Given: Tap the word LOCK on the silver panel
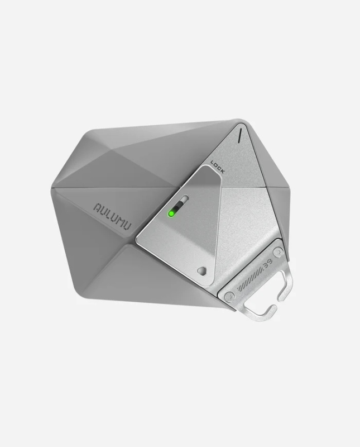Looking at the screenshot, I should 218,167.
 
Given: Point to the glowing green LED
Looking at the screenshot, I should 172,212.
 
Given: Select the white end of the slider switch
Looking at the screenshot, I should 183,201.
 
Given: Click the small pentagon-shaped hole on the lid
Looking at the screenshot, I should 201,271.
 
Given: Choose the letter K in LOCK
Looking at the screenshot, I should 222,172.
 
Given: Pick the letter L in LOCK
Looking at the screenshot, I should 213,163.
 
